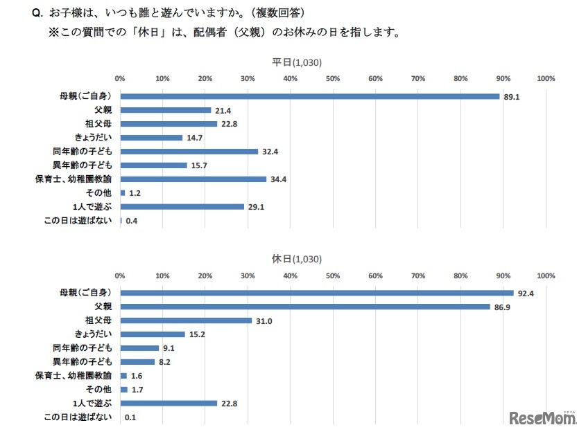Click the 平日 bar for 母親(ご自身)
pyautogui.click(x=309, y=96)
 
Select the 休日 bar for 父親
pyautogui.click(x=305, y=307)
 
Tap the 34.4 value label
pyautogui.click(x=277, y=179)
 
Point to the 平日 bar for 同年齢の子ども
pyautogui.click(x=189, y=152)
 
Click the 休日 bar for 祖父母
pyautogui.click(x=186, y=320)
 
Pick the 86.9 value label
pyautogui.click(x=502, y=307)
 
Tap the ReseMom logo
pyautogui.click(x=543, y=418)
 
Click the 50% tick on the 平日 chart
pyautogui.click(x=333, y=78)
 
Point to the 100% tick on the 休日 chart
pyautogui.click(x=546, y=275)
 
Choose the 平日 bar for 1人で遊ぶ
pyautogui.click(x=182, y=207)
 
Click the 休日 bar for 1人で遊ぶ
pyautogui.click(x=169, y=404)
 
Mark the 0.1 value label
pyautogui.click(x=130, y=417)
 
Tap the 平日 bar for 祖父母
pyautogui.click(x=169, y=124)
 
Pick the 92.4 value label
pyautogui.click(x=526, y=293)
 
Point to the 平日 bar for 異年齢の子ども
pyautogui.click(x=153, y=165)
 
